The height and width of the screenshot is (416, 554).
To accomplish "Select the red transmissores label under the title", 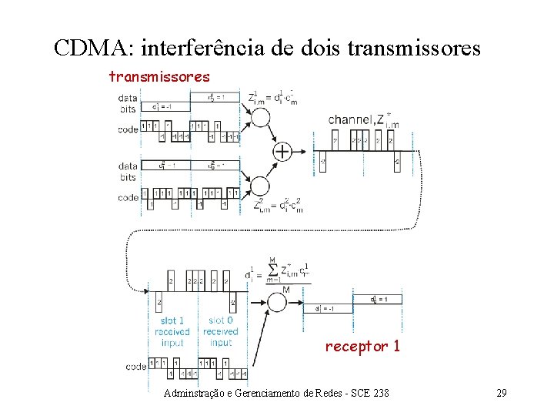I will tap(159, 76).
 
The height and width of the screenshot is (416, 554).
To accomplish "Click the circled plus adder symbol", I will tap(282, 151).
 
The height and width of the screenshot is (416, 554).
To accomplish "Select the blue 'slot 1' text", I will tap(172, 320).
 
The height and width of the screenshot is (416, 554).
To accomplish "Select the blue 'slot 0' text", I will tap(221, 320).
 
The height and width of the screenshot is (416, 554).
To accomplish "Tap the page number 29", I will tap(501, 394).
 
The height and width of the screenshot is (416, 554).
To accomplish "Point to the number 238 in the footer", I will tap(380, 394).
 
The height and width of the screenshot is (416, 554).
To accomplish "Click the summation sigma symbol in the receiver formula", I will tap(272, 270).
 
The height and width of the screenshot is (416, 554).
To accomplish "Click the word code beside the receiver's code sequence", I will tap(136, 367).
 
